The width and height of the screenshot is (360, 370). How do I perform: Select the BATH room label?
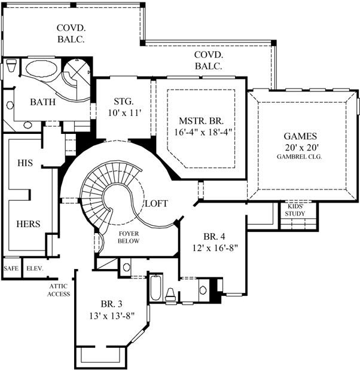pyautogui.click(x=42, y=102)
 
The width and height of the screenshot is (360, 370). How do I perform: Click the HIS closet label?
pyautogui.click(x=25, y=163)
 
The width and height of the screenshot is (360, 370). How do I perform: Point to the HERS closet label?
pyautogui.click(x=28, y=224)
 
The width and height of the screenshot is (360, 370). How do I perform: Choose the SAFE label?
pyautogui.click(x=11, y=268)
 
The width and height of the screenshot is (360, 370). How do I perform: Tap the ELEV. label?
pyautogui.click(x=34, y=268)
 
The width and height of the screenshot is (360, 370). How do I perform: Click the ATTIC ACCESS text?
pyautogui.click(x=59, y=290)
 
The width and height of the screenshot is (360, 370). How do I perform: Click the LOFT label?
pyautogui.click(x=157, y=203)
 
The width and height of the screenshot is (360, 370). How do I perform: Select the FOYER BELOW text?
pyautogui.click(x=128, y=237)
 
